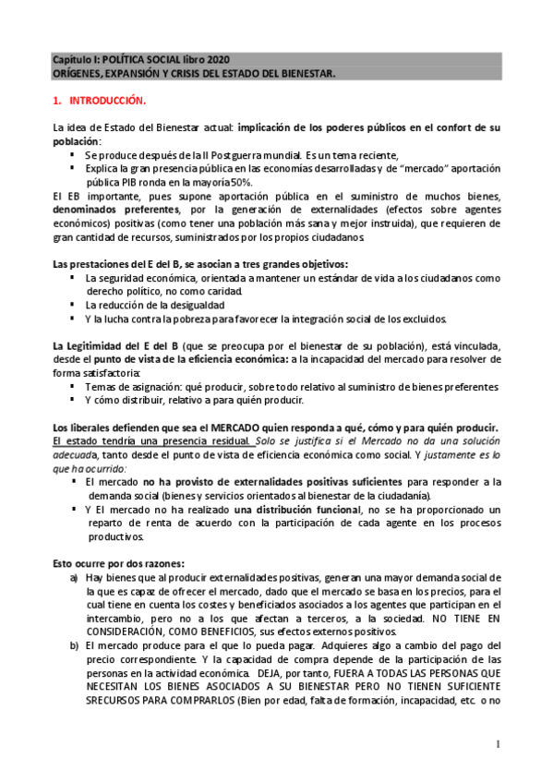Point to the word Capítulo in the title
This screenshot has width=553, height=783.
pos(70,58)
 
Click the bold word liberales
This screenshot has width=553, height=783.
pos(98,427)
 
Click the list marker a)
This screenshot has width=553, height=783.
pos(74,577)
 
